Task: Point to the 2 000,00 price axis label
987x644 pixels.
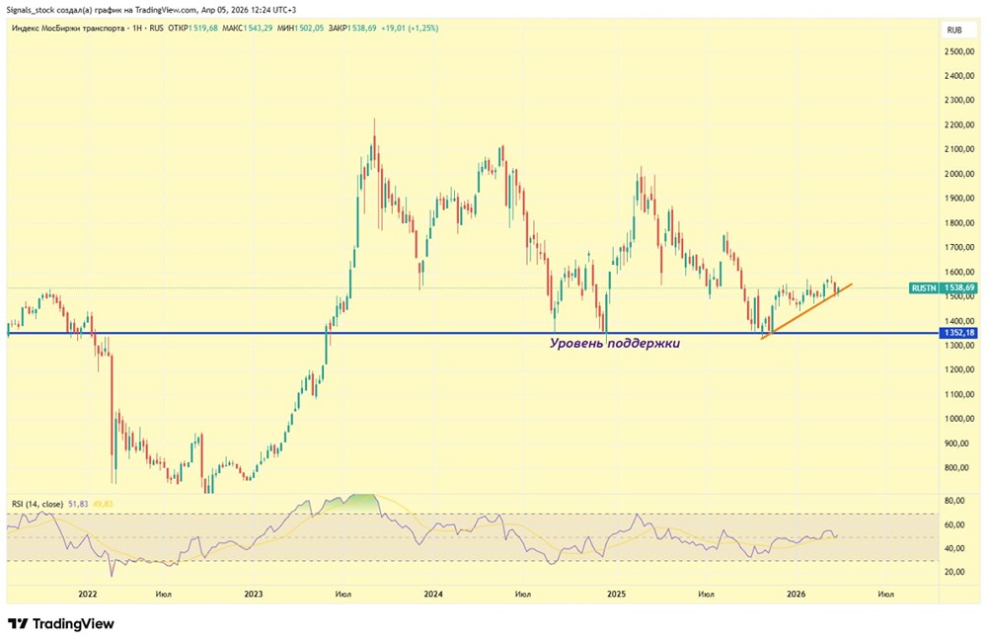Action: [x=956, y=174]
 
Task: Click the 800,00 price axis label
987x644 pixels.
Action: [x=957, y=467]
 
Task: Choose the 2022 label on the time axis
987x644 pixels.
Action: [x=87, y=594]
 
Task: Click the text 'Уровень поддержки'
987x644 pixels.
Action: [x=615, y=343]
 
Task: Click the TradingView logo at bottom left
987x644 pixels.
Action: [x=61, y=623]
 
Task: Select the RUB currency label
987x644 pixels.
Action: [x=954, y=30]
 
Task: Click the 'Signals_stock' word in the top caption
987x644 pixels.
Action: [x=33, y=9]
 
